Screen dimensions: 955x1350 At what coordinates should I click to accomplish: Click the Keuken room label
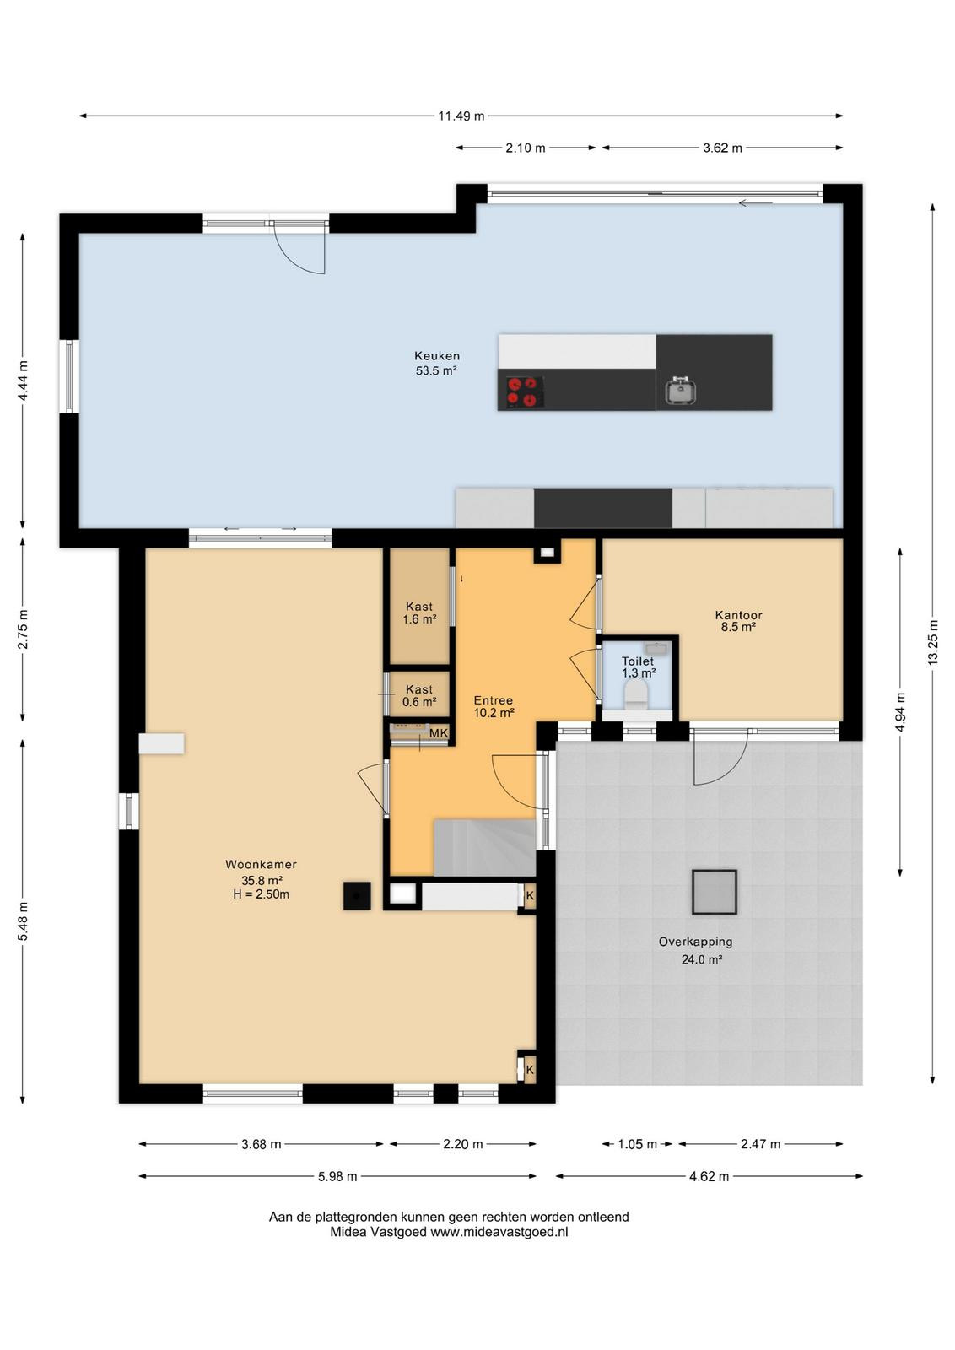coord(436,356)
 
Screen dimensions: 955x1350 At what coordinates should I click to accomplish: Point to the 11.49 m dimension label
coord(461,116)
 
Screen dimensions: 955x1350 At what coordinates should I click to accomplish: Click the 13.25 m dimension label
coord(933,642)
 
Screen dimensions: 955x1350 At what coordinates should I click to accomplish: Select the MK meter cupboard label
coord(439,733)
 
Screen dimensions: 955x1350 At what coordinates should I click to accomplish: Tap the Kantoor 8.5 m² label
coord(738,621)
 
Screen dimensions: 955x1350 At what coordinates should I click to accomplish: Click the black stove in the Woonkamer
coord(358,895)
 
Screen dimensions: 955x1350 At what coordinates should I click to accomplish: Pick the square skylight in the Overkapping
coord(714,891)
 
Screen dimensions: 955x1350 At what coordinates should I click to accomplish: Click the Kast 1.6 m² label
coord(419,613)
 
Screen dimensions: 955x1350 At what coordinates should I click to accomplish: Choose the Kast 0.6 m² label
coord(419,695)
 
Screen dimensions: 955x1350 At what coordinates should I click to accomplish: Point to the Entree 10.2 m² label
coord(494,706)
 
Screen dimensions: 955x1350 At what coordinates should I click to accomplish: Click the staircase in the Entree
coord(484,847)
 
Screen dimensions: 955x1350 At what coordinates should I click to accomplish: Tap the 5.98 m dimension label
coord(337,1176)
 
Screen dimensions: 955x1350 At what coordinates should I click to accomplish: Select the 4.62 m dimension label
coord(710,1176)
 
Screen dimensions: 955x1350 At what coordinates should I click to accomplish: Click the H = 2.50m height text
coord(261,894)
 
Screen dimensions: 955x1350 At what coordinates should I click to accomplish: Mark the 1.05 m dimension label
coord(637,1144)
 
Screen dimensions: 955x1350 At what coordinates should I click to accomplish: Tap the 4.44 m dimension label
coord(22,381)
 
